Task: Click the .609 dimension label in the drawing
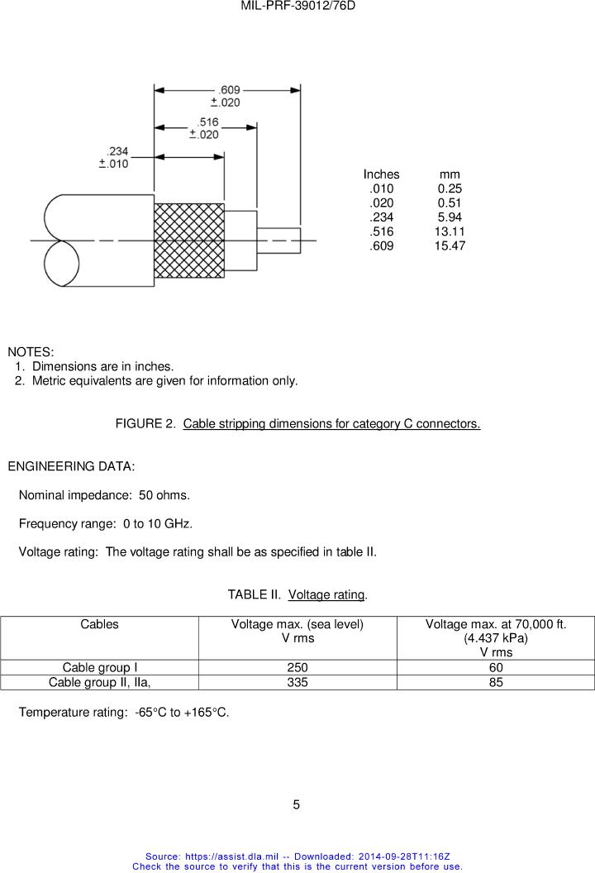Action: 229,90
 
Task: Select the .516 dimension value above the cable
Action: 207,122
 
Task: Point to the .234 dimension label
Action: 117,151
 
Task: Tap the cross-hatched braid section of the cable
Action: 189,241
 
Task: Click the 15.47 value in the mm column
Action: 450,246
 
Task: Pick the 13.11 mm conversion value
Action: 450,232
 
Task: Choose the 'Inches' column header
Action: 381,174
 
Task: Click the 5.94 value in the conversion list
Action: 450,217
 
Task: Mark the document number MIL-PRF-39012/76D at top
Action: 297,6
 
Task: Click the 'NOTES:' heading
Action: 31,352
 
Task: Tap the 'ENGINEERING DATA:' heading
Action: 71,466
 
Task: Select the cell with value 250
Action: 297,668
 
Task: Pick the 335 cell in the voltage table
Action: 297,682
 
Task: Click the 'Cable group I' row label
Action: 99,668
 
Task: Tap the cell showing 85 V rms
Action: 496,682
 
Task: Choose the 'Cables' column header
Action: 99,625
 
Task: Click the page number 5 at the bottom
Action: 297,804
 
